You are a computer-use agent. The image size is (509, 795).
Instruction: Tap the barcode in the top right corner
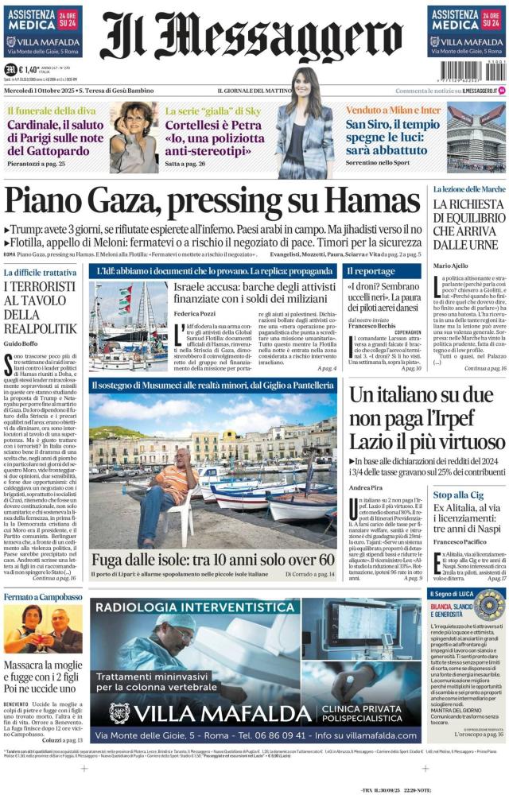tap(478, 72)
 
